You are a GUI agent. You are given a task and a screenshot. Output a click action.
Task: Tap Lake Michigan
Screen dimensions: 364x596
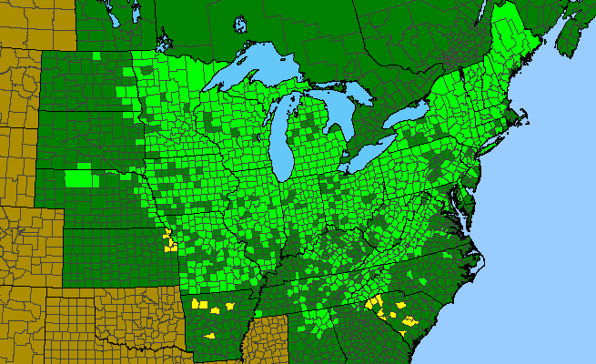(x=282, y=136)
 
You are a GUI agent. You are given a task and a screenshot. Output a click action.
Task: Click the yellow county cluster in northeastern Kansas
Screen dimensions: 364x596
(x=168, y=243)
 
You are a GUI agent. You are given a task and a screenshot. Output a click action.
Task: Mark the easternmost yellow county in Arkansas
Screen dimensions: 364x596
(x=240, y=303)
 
